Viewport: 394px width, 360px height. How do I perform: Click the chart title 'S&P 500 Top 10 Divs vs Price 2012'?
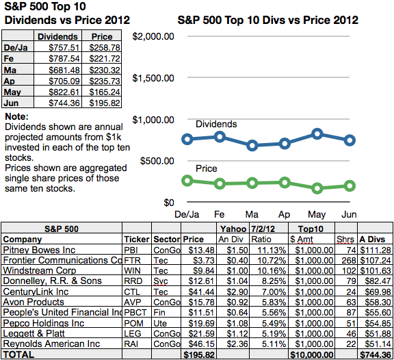click(267, 21)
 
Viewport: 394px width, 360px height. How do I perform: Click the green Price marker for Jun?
click(350, 185)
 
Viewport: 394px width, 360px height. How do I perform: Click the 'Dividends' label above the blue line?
click(216, 124)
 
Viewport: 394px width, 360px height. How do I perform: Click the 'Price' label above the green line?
click(206, 168)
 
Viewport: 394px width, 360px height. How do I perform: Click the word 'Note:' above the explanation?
click(16, 117)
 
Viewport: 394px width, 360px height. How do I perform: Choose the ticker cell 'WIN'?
click(132, 270)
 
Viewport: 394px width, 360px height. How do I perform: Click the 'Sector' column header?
click(167, 240)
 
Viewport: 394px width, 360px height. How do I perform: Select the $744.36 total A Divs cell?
click(376, 355)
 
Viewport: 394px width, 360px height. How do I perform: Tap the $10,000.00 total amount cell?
click(313, 355)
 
